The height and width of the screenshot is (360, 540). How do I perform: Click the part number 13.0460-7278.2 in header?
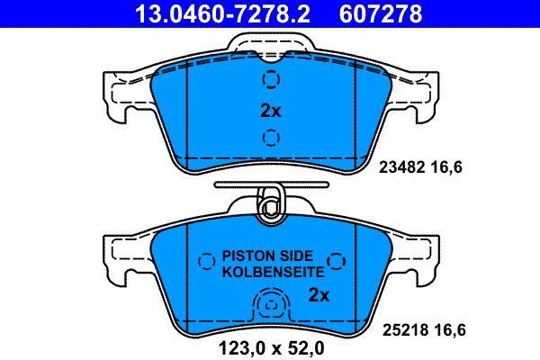click(x=223, y=13)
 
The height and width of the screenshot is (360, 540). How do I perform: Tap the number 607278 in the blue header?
click(x=381, y=13)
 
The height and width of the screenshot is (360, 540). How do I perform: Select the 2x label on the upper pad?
click(x=271, y=111)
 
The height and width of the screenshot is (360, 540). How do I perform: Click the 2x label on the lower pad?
click(x=319, y=295)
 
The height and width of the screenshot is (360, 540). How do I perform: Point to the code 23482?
click(x=401, y=167)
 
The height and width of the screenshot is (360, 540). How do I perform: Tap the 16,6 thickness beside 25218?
click(x=450, y=330)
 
